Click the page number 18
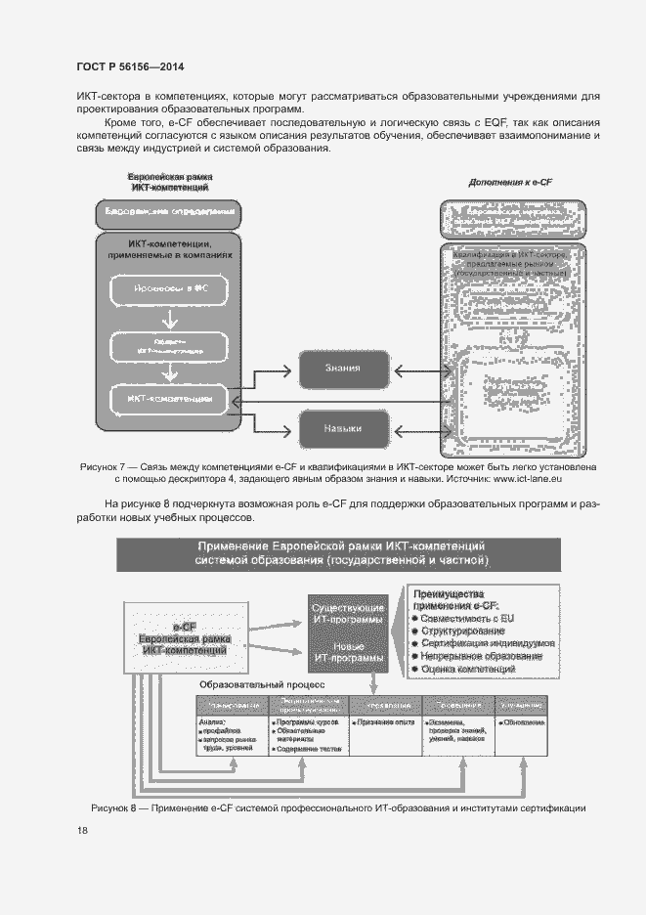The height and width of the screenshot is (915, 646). pyautogui.click(x=82, y=830)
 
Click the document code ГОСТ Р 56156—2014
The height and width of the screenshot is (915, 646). pyautogui.click(x=129, y=67)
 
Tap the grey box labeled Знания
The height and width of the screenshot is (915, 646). pyautogui.click(x=343, y=369)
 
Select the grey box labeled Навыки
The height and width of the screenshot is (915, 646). pyautogui.click(x=343, y=427)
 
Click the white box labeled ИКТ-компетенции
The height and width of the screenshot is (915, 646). pyautogui.click(x=171, y=399)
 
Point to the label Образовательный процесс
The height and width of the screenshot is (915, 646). pyautogui.click(x=262, y=686)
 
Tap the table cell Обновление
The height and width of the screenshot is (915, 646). pyautogui.click(x=524, y=722)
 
